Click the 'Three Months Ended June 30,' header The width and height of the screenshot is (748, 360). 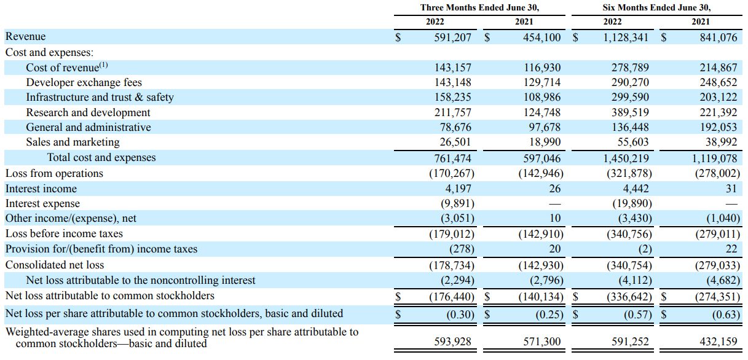pos(475,7)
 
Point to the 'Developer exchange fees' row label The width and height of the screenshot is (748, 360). pos(84,82)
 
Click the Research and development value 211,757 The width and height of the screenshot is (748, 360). pos(454,112)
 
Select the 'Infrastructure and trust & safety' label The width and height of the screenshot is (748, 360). pos(100,97)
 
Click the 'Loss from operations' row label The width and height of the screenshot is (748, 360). pos(54,173)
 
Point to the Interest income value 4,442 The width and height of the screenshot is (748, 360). pos(636,189)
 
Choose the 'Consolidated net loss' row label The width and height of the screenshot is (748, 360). pos(55,265)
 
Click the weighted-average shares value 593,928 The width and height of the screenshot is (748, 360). pos(454,342)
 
